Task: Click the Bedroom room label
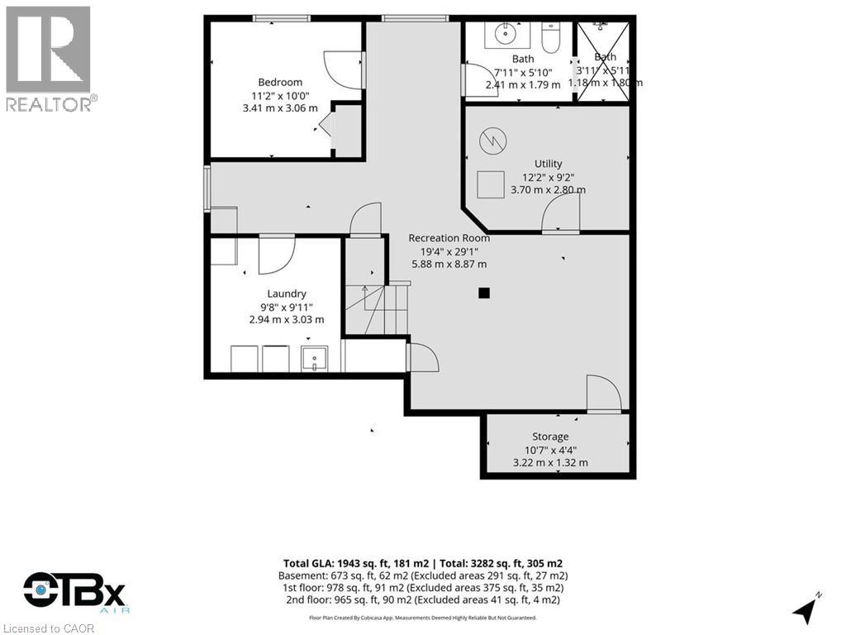(280, 82)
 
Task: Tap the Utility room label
(548, 163)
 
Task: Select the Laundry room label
(287, 294)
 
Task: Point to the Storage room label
(550, 437)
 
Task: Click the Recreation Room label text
(449, 238)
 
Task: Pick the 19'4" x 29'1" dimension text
(449, 251)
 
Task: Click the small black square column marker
(484, 292)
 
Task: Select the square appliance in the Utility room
(491, 184)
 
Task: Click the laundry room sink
(315, 360)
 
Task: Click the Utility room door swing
(560, 214)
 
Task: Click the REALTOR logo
(49, 58)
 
